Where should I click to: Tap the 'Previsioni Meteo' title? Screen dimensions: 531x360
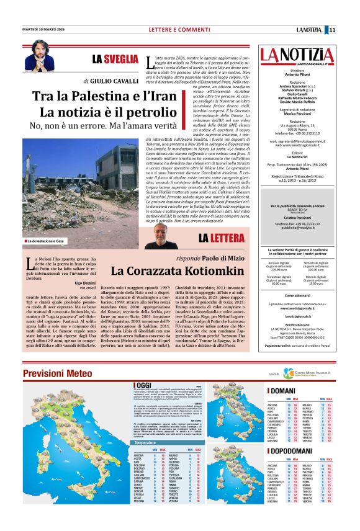click(59, 372)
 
